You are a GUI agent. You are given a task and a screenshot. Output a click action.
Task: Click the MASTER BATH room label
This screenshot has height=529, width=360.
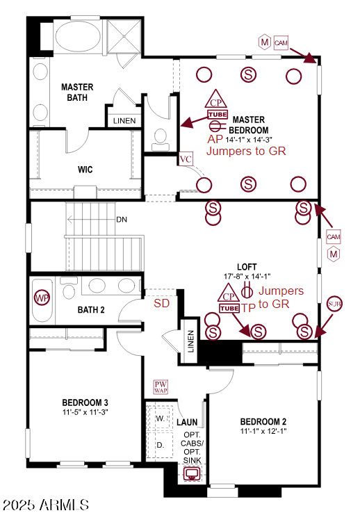pyautogui.click(x=77, y=92)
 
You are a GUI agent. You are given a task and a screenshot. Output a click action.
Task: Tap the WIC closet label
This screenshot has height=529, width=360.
pyautogui.click(x=85, y=169)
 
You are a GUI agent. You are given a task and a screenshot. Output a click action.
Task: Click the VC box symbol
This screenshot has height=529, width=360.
pyautogui.click(x=186, y=159)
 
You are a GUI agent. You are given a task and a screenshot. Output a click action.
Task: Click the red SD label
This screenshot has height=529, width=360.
pyautogui.click(x=161, y=303)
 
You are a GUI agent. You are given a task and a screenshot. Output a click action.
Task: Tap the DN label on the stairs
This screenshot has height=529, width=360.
pyautogui.click(x=122, y=220)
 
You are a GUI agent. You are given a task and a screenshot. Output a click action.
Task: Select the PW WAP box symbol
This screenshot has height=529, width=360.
pyautogui.click(x=161, y=387)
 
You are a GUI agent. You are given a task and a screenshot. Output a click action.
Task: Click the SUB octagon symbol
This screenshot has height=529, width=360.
pyautogui.click(x=334, y=304)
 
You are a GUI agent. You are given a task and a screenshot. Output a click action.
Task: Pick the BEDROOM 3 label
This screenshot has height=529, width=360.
pyautogui.click(x=85, y=402)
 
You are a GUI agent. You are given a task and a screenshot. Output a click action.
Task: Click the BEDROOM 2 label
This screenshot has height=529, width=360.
pyautogui.click(x=263, y=421)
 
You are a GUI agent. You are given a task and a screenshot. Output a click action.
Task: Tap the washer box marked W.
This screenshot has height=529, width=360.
pyautogui.click(x=160, y=418)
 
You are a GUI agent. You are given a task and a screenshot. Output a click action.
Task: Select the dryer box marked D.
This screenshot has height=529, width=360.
pyautogui.click(x=160, y=444)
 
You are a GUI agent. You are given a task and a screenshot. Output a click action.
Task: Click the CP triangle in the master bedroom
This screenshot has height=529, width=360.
pyautogui.click(x=218, y=100)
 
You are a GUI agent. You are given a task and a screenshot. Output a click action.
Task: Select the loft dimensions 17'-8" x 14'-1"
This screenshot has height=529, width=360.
pyautogui.click(x=247, y=276)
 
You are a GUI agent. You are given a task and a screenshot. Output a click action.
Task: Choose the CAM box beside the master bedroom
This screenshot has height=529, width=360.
pyautogui.click(x=281, y=42)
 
